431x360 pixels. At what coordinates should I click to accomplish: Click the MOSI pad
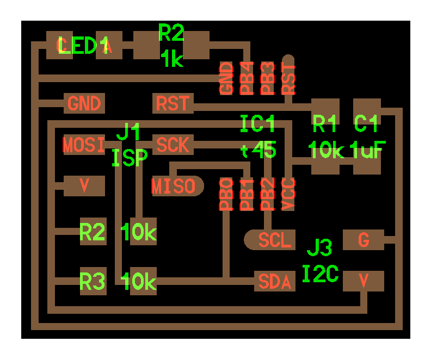pyautogui.click(x=84, y=145)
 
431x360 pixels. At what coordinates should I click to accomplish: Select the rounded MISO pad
pyautogui.click(x=174, y=187)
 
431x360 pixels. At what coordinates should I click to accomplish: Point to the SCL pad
pyautogui.click(x=271, y=240)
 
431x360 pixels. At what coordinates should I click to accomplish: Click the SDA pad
pyautogui.click(x=275, y=282)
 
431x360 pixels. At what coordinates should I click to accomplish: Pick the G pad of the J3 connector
pyautogui.click(x=364, y=240)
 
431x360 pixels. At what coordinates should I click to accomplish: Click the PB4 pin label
pyautogui.click(x=247, y=79)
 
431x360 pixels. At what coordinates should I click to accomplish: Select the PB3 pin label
pyautogui.click(x=267, y=79)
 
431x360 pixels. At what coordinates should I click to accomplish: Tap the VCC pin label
pyautogui.click(x=288, y=194)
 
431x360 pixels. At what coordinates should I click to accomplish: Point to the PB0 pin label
pyautogui.click(x=226, y=194)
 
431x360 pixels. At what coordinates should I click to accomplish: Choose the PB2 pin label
pyautogui.click(x=267, y=194)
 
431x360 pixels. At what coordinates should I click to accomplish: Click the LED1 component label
pyautogui.click(x=83, y=46)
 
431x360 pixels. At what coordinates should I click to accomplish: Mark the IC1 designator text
pyautogui.click(x=258, y=125)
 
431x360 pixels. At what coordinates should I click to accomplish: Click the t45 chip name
pyautogui.click(x=258, y=150)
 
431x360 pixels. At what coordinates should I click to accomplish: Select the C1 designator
pyautogui.click(x=366, y=125)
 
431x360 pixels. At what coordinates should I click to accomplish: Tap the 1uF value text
pyautogui.click(x=368, y=150)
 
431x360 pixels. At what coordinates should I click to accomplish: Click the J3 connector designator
pyautogui.click(x=319, y=249)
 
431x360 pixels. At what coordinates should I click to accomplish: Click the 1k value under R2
pyautogui.click(x=172, y=59)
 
